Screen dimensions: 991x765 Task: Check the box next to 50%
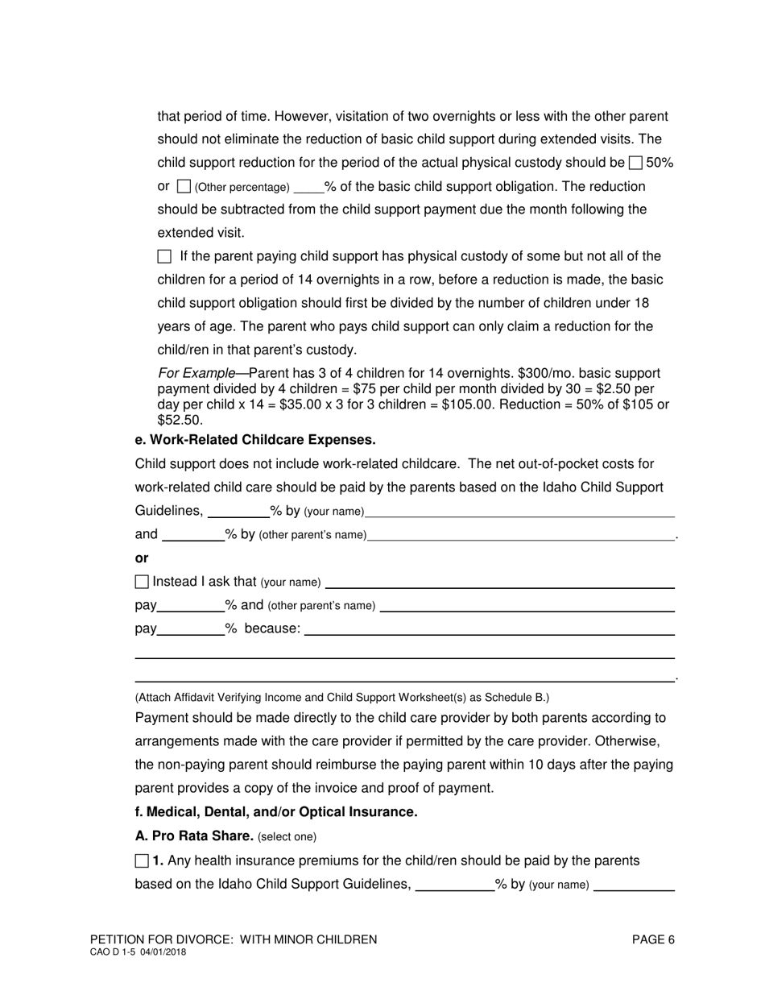[x=635, y=163]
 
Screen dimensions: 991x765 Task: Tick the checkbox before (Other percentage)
[x=183, y=187]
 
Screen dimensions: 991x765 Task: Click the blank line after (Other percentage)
[x=308, y=189]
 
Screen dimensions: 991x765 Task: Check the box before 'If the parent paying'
[x=164, y=257]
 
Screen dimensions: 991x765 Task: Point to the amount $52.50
[x=180, y=420]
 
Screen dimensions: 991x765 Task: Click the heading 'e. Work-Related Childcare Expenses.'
[x=255, y=440]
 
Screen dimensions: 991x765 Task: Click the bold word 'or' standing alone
[x=142, y=558]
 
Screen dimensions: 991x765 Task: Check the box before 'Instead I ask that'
[x=142, y=582]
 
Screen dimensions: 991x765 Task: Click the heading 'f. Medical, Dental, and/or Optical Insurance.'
[x=276, y=811]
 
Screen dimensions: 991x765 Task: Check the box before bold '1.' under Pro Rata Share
[x=142, y=860]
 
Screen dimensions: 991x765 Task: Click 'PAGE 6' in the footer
[x=653, y=939]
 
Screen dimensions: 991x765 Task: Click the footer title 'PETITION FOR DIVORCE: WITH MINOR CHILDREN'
[x=234, y=939]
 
